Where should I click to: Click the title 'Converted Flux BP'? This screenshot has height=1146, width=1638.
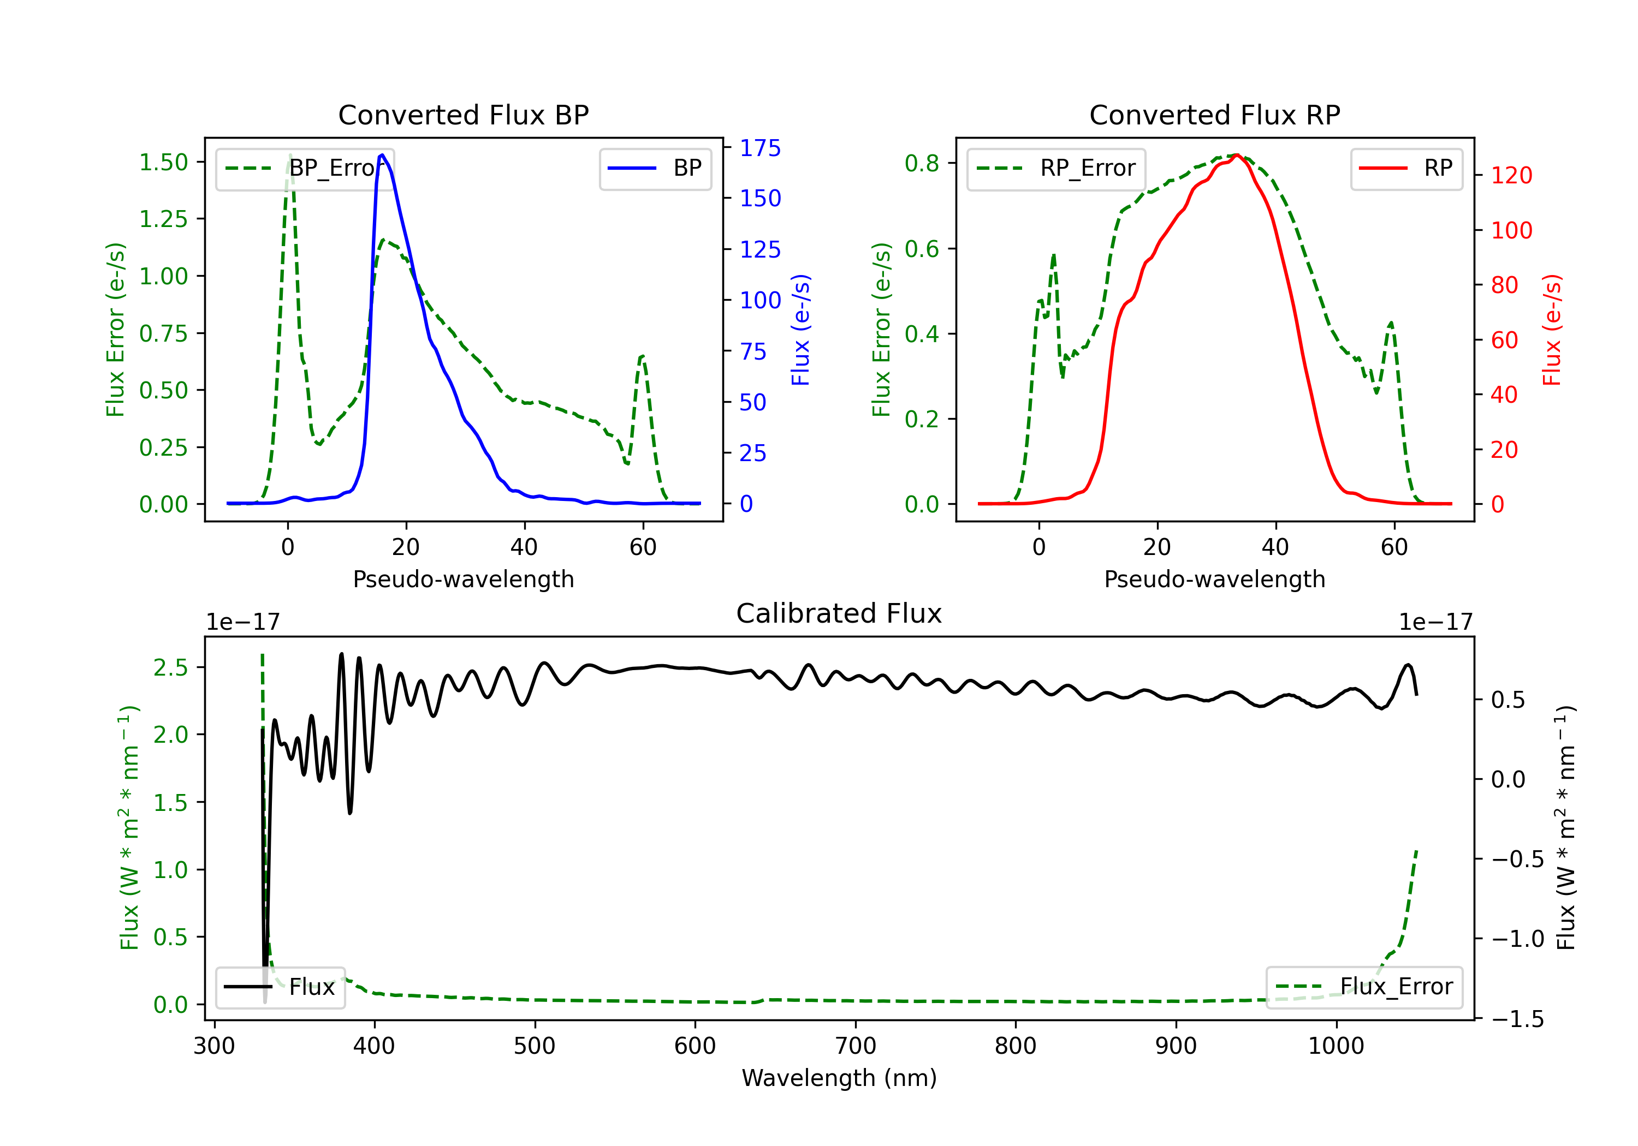(x=463, y=115)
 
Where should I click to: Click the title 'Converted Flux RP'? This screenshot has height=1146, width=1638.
(x=1214, y=115)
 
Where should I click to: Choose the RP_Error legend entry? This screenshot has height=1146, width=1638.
(x=1056, y=168)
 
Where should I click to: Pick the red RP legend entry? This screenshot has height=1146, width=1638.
(x=1406, y=168)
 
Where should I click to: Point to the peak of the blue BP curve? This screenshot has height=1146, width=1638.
(x=382, y=155)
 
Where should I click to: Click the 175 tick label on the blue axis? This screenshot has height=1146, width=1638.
(x=760, y=148)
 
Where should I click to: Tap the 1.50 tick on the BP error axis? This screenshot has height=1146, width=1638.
(x=163, y=163)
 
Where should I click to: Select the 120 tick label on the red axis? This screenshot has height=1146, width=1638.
(x=1511, y=175)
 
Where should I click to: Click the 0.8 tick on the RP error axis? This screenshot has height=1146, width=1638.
(x=922, y=163)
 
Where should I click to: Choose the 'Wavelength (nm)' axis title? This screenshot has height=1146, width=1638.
(x=839, y=1078)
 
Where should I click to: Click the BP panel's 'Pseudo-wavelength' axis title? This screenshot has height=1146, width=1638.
(x=463, y=579)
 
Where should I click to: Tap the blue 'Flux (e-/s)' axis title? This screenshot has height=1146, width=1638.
(x=800, y=330)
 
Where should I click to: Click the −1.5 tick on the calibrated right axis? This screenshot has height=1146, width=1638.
(x=1517, y=1019)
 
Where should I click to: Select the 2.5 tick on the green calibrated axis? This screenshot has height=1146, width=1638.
(x=170, y=667)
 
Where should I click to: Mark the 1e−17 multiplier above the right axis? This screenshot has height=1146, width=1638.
(x=1435, y=622)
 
